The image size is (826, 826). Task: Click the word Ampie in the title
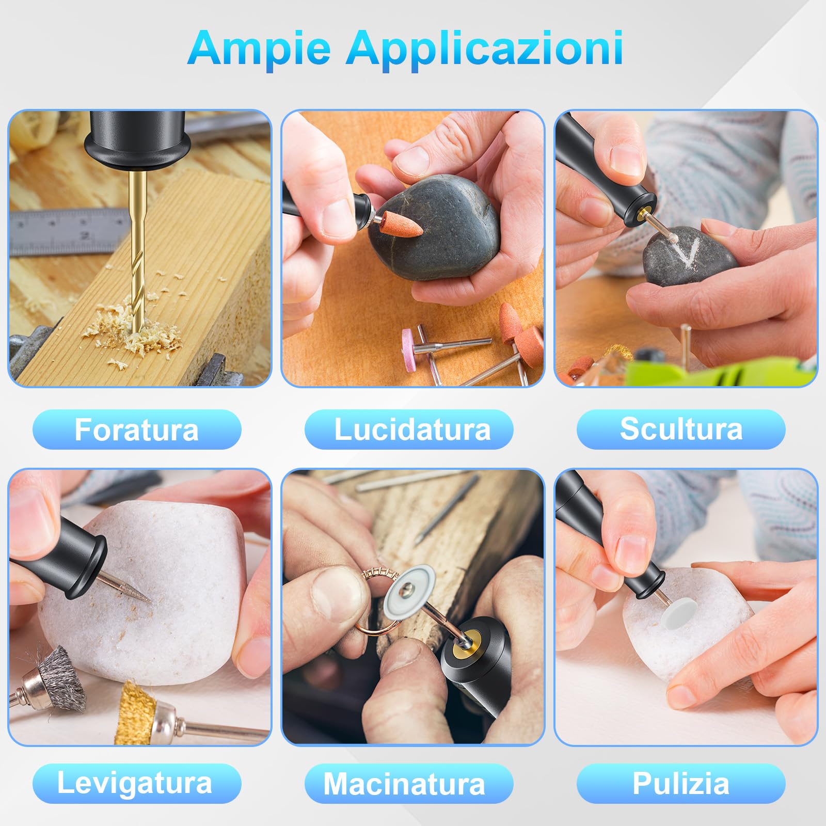(x=259, y=48)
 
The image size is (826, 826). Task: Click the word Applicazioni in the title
(x=485, y=48)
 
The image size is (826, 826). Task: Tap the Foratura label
(x=137, y=430)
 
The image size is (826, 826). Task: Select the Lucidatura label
(x=412, y=430)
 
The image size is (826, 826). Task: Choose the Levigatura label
(x=135, y=783)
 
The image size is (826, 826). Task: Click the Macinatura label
(x=405, y=784)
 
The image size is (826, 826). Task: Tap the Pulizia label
(x=681, y=784)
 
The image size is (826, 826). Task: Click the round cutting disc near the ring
(x=408, y=592)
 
